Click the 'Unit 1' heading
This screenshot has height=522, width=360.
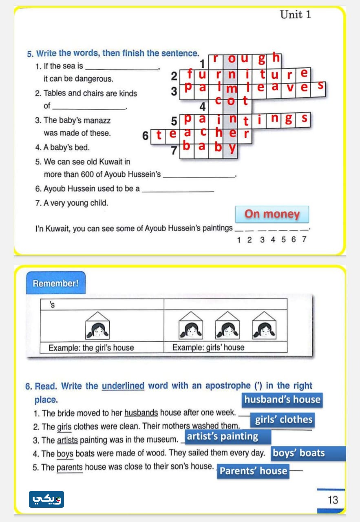[x=295, y=15]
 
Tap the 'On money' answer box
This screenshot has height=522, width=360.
[x=272, y=214]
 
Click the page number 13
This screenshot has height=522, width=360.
[x=333, y=500]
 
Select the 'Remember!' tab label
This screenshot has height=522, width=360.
[x=55, y=283]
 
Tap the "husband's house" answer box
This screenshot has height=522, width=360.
[x=282, y=400]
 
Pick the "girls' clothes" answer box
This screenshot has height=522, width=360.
[x=283, y=420]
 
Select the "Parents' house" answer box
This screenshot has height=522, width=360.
[x=253, y=471]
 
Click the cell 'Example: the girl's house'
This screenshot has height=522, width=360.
[x=91, y=348]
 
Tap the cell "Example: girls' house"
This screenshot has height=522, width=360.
[x=208, y=348]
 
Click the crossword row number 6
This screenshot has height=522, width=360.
[x=146, y=136]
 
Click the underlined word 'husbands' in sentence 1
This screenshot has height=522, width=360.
[x=141, y=413]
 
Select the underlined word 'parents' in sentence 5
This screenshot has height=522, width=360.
[x=70, y=467]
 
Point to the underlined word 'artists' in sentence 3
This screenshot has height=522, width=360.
[x=67, y=440]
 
